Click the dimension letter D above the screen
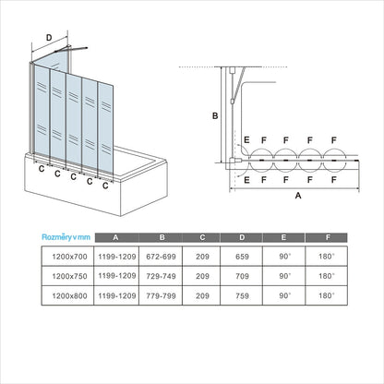click(x=49, y=38)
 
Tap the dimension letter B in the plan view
click(x=215, y=115)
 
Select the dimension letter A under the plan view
click(x=298, y=196)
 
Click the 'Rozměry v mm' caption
click(x=66, y=237)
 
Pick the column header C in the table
click(x=202, y=237)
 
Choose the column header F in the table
click(x=328, y=237)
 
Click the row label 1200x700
click(x=69, y=257)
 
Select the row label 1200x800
click(x=69, y=295)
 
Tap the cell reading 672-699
click(x=161, y=257)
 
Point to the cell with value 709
click(x=242, y=276)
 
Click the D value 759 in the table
click(x=242, y=295)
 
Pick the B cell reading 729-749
click(x=161, y=276)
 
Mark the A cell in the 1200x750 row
click(x=117, y=276)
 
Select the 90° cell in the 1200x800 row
click(x=285, y=295)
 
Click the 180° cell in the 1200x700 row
click(x=327, y=257)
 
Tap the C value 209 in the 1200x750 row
click(x=202, y=276)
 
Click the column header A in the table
click(x=115, y=237)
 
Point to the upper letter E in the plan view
click(x=246, y=140)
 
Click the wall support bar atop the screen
click(x=71, y=49)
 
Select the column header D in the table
click(x=242, y=237)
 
